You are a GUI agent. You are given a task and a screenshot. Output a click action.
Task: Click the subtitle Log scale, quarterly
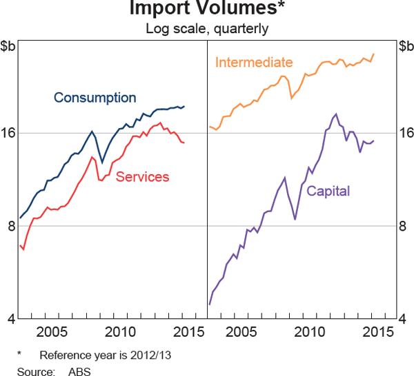click(x=207, y=28)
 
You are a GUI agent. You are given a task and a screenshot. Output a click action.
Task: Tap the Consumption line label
click(x=95, y=98)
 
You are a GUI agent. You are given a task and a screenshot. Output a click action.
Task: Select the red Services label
click(x=142, y=177)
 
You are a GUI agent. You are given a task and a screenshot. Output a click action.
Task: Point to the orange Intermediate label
click(x=254, y=63)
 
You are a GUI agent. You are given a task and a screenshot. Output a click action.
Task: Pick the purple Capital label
click(x=328, y=191)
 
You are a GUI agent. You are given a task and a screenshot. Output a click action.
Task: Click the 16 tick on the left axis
click(x=10, y=133)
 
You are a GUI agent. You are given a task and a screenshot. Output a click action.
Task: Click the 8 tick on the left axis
click(x=10, y=226)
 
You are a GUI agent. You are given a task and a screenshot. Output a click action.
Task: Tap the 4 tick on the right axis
click(x=404, y=319)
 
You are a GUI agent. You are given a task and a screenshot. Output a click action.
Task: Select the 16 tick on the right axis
click(x=404, y=133)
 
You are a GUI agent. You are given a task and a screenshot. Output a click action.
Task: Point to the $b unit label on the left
click(x=10, y=46)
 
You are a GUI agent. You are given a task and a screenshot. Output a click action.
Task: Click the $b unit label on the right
click(x=404, y=46)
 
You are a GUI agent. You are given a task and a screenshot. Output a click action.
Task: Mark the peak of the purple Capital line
click(x=336, y=114)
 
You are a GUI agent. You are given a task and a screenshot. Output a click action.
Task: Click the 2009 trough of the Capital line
click(x=295, y=219)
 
